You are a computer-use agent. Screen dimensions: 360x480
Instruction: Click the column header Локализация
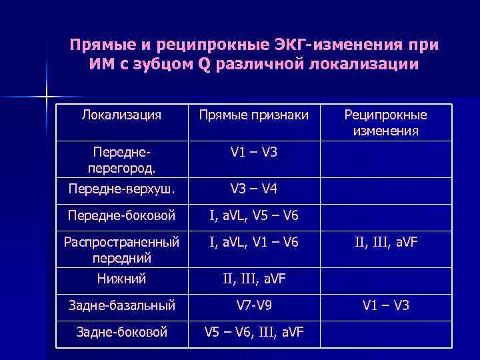[x=121, y=115]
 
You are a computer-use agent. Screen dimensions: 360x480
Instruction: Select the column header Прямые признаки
[x=253, y=115]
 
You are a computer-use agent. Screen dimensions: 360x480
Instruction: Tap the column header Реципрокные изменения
[x=385, y=123]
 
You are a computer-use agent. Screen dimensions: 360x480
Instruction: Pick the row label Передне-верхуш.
[x=121, y=189]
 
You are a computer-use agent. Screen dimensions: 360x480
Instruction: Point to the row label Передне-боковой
[x=121, y=215]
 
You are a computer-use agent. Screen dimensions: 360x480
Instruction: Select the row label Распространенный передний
[x=121, y=249]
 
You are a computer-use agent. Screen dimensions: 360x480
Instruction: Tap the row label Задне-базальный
[x=121, y=306]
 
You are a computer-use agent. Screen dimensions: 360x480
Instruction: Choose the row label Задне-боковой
[x=121, y=331]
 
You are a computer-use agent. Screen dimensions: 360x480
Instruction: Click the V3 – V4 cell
[x=253, y=189]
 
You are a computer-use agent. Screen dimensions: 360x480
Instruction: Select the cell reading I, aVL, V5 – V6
[x=253, y=215]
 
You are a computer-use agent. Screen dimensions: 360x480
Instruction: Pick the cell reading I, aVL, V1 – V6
[x=253, y=242]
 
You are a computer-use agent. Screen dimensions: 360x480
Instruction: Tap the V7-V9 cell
[x=253, y=306]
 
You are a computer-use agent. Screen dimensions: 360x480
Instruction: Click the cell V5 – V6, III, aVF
[x=253, y=331]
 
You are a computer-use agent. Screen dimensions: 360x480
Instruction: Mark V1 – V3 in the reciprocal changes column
[x=385, y=306]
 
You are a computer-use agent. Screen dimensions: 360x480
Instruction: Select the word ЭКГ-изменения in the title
[x=335, y=46]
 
